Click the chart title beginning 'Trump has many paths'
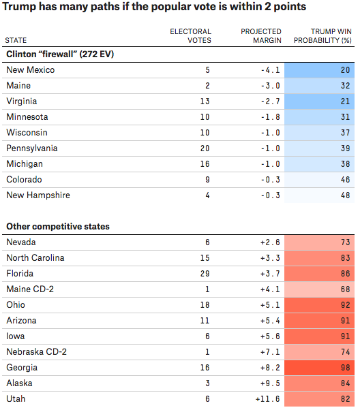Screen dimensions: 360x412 [x=154, y=7]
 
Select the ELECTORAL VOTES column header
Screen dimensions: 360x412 [x=190, y=36]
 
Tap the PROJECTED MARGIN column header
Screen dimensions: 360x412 [x=261, y=36]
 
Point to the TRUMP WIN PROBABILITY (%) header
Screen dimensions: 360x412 [x=322, y=36]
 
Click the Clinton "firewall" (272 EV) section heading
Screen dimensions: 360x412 [x=60, y=54]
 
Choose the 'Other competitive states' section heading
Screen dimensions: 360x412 [x=58, y=227]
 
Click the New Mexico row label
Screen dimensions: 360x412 [x=31, y=70]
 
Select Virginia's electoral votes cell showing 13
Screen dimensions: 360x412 [x=205, y=101]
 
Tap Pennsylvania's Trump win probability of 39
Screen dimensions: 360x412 [x=319, y=148]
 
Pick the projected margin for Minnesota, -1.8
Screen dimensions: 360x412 [x=271, y=117]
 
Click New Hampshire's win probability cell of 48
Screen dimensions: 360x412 [x=319, y=195]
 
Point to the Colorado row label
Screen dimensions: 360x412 [x=25, y=180]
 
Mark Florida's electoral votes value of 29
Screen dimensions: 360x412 [x=205, y=274]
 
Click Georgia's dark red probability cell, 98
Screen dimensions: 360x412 [x=319, y=368]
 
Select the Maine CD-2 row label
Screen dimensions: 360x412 [x=30, y=289]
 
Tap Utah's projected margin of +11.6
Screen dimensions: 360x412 [x=268, y=399]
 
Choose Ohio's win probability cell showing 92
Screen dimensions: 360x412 [x=319, y=305]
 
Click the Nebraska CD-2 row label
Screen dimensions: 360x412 [x=37, y=352]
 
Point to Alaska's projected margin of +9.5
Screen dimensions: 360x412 [x=270, y=383]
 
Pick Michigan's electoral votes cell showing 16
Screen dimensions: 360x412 [x=205, y=164]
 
